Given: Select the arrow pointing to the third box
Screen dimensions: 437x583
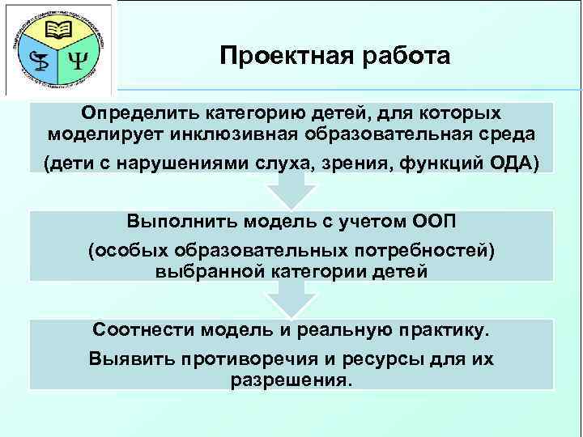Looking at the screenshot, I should click(291, 302).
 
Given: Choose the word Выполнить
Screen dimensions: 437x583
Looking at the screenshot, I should click(178, 221).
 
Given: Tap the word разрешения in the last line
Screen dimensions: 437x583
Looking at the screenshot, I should click(291, 379).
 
